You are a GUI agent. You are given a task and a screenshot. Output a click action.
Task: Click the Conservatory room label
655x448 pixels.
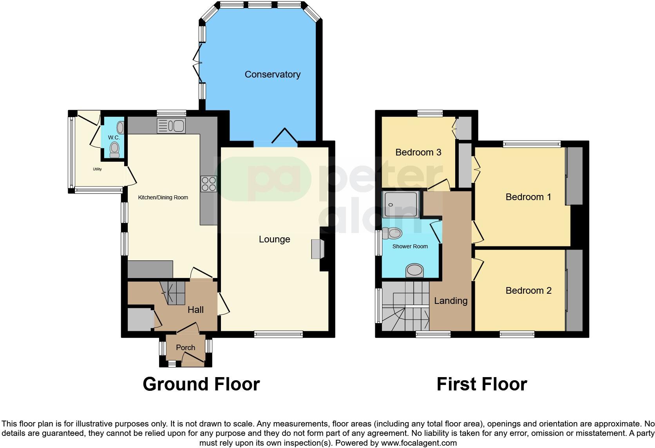click(x=272, y=74)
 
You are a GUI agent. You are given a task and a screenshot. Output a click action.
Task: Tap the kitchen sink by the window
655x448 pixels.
click(x=171, y=126)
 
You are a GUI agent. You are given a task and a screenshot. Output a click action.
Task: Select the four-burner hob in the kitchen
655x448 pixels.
click(x=208, y=184)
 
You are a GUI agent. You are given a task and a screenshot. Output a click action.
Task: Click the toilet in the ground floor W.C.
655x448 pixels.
click(x=114, y=149)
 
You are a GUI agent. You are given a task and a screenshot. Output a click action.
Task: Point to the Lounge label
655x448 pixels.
click(x=274, y=239)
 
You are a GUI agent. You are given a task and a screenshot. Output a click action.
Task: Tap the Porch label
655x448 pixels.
click(x=185, y=347)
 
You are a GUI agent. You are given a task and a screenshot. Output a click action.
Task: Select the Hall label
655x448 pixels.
click(x=195, y=310)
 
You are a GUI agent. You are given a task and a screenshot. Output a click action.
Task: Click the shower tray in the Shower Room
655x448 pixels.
click(x=401, y=204)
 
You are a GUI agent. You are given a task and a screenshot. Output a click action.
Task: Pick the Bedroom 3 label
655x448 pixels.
click(x=418, y=152)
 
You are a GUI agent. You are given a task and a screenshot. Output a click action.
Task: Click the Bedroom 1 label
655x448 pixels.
click(x=528, y=197)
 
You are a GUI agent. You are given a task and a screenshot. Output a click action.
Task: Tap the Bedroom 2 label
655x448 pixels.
click(x=528, y=291)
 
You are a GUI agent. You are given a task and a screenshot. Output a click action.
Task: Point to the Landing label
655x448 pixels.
click(x=451, y=301)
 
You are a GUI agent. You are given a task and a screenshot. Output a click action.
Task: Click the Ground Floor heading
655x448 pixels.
click(x=201, y=384)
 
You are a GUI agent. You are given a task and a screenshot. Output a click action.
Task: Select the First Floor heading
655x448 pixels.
click(x=481, y=384)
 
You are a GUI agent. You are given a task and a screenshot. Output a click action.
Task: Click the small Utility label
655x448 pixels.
click(x=97, y=169)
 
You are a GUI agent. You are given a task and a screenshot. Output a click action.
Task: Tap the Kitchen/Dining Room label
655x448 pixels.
click(x=163, y=197)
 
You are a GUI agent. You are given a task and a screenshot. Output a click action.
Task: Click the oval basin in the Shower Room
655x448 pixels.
click(x=415, y=270)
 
